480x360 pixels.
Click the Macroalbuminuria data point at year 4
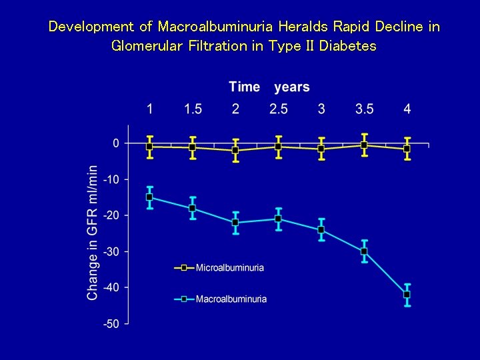[x=407, y=295]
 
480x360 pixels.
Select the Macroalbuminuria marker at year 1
[x=149, y=197]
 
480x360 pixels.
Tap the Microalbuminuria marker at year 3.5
[x=364, y=145]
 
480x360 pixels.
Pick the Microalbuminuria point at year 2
[x=235, y=150]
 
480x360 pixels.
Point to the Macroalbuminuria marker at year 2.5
[x=278, y=219]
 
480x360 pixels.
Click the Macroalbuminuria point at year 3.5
[x=364, y=251]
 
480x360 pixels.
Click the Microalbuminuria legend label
[x=229, y=268]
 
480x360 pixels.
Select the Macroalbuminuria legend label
[x=231, y=299]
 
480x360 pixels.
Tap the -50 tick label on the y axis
[x=111, y=324]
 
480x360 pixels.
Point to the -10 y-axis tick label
[x=111, y=179]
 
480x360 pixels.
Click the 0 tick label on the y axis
[x=116, y=143]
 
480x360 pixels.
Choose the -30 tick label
[x=111, y=251]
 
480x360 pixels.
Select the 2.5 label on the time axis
[x=279, y=109]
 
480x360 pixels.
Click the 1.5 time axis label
[x=193, y=109]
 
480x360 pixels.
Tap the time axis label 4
[x=407, y=109]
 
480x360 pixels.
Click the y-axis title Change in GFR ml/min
[x=92, y=233]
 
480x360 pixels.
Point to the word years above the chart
[x=292, y=87]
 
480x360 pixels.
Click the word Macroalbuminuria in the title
[x=215, y=27]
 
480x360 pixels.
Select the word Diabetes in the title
[x=348, y=46]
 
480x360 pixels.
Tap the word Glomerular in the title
[x=147, y=46]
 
